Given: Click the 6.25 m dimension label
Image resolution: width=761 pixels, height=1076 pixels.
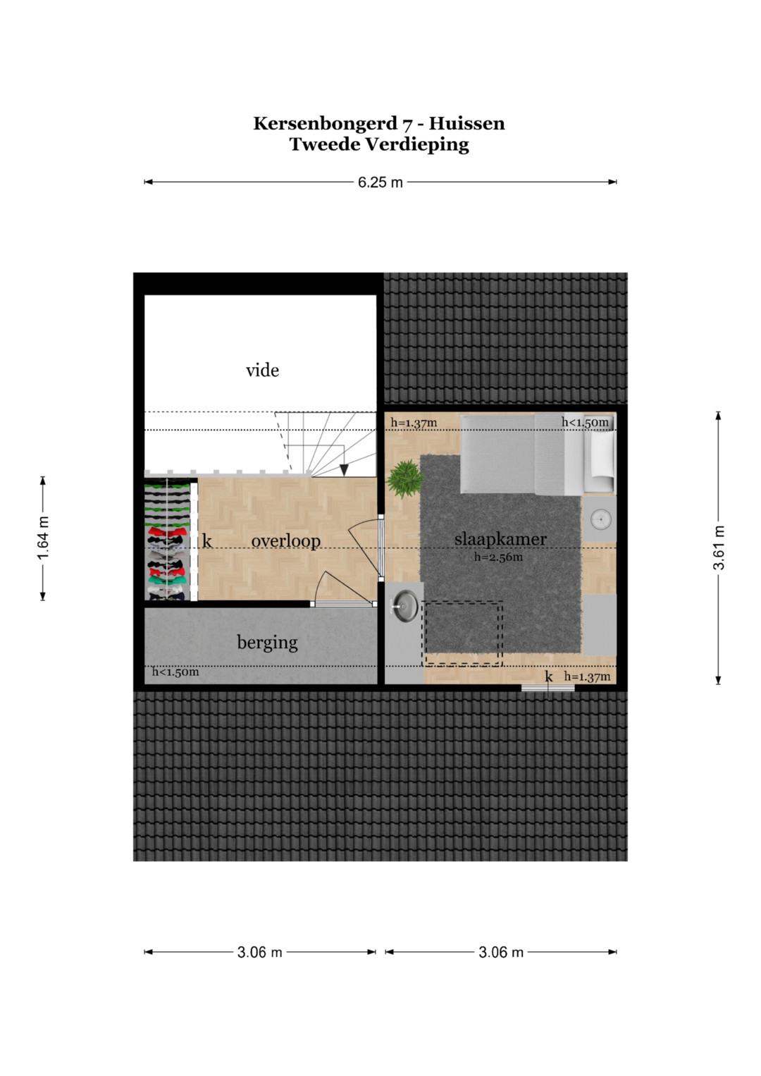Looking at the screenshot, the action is pos(380,183).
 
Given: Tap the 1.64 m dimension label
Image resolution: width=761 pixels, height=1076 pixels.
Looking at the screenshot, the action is pos(43,538).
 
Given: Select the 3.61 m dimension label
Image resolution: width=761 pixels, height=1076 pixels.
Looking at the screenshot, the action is pos(718,548).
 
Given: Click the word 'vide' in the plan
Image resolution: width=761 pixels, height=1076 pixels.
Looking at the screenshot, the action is pos(262,371).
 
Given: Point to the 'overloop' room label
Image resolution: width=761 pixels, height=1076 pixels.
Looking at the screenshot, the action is pos(286,541).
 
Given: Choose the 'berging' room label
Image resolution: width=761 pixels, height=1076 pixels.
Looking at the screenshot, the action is pos(267,643).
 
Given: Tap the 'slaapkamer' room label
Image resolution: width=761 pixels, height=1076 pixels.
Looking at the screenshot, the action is pos(500,540).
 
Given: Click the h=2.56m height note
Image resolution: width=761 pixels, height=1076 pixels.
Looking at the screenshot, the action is pos(498,557).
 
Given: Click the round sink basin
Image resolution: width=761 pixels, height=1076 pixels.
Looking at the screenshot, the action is pos(404,606).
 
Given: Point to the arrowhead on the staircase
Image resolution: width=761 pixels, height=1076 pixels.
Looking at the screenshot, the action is pos(344,470).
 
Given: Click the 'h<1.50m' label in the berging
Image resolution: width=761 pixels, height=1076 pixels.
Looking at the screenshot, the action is pos(175,672).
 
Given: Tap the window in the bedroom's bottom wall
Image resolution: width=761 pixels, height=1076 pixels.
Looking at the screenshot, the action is pos(547,688).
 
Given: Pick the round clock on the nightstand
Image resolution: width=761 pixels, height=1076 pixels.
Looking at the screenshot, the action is pos(600,519).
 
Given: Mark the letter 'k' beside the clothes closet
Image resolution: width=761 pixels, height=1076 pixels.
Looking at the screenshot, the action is pos(207,541).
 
